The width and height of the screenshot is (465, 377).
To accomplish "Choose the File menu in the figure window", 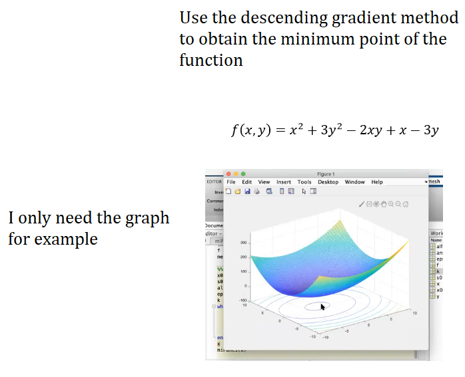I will click(231, 182).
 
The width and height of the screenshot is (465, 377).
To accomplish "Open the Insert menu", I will click(284, 182).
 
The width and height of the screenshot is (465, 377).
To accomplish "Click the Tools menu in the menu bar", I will click(304, 182).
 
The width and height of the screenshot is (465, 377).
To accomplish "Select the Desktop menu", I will click(328, 182).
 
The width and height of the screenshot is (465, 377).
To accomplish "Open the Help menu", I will click(377, 182).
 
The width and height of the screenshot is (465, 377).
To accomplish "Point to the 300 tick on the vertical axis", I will click(244, 243).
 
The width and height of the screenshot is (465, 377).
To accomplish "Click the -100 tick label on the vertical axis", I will click(243, 301).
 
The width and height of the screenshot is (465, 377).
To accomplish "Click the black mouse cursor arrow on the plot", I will click(323, 307).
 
